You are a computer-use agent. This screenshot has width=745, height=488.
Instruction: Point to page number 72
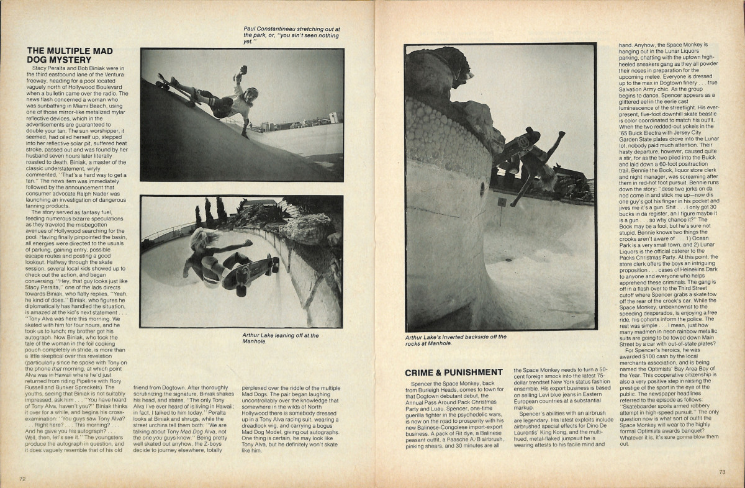tap(22, 479)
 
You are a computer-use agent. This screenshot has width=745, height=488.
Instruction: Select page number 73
tap(722, 472)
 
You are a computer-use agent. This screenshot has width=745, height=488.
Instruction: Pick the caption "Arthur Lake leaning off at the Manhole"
tap(281, 338)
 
